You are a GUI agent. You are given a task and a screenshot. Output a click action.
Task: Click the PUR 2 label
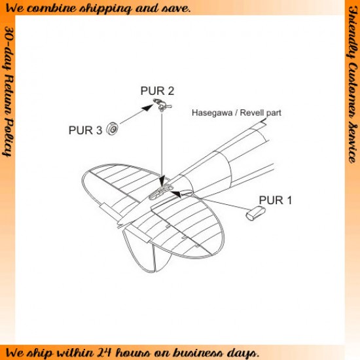coord(157,91)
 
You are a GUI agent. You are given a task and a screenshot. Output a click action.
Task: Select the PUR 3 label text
coord(85,130)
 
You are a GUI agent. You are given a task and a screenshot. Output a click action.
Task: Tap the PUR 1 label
coord(276,200)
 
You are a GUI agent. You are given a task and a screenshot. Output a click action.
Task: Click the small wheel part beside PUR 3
coord(113,129)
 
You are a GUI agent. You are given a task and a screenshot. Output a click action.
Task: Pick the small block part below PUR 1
coord(256,213)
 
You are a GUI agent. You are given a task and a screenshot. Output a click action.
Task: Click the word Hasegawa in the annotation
coord(212,113)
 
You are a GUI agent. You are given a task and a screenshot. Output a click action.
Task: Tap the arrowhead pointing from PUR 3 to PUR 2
coord(148,107)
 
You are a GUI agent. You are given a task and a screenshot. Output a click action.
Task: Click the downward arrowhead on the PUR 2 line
coord(162,181)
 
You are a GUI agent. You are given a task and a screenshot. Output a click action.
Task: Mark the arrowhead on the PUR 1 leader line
coord(176,194)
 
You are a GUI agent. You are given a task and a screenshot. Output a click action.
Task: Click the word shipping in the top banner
coord(105,9)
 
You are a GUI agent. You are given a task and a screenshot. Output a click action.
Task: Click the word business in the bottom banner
coord(198,352)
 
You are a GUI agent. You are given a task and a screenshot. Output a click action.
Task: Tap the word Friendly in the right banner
coord(353,32)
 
